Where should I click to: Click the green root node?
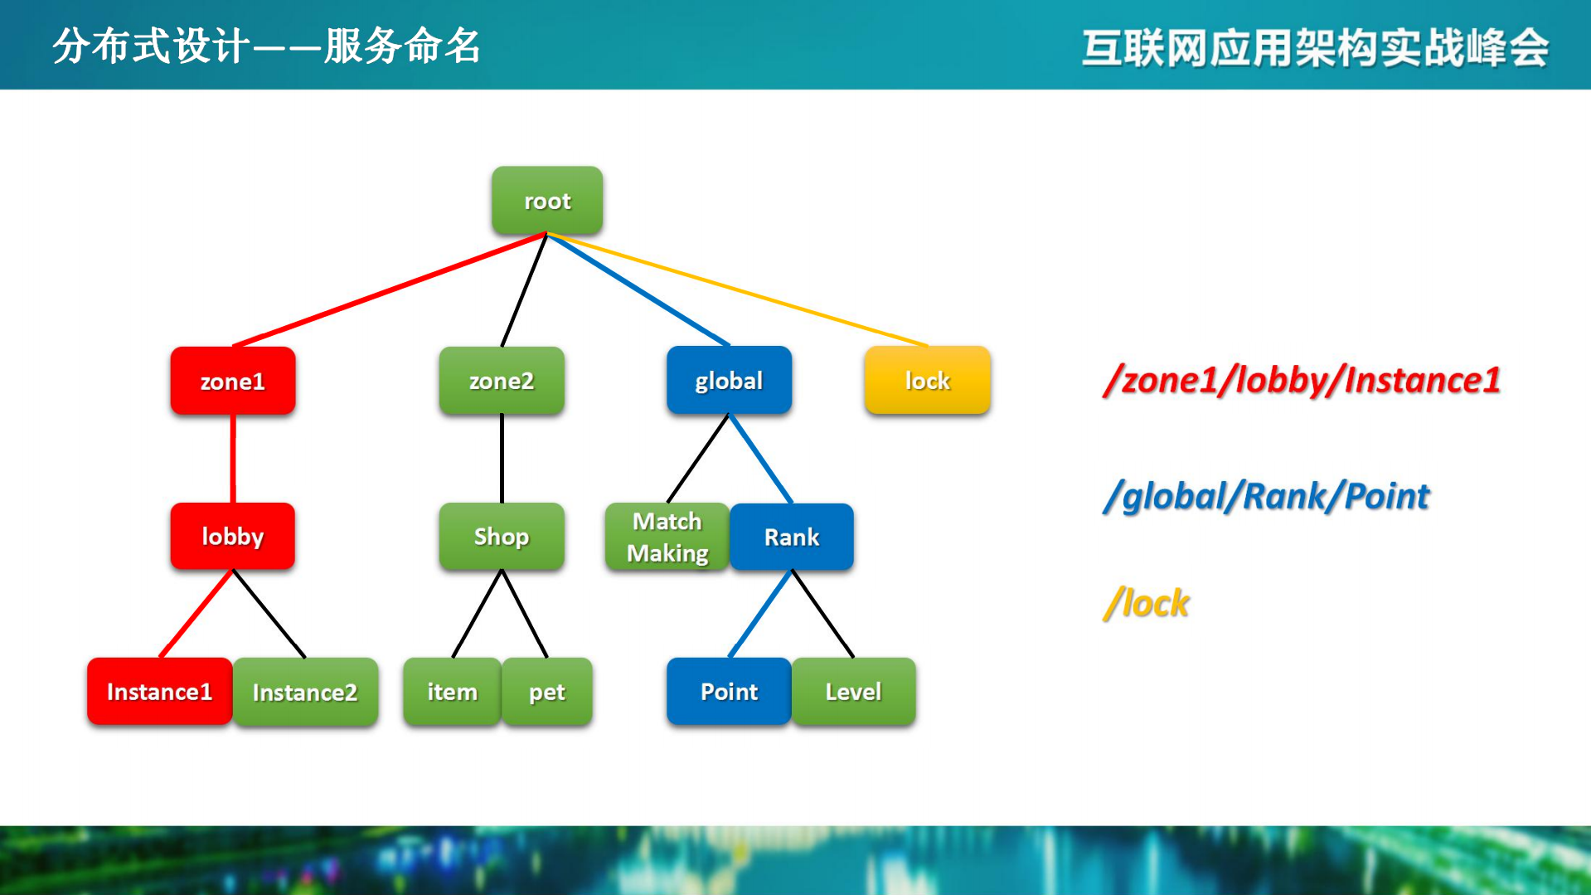[547, 201]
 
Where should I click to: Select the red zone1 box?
[233, 381]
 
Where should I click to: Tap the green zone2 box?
[502, 381]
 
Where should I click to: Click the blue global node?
[729, 381]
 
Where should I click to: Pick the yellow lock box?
[927, 381]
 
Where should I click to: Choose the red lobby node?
[233, 537]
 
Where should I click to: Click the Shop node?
[502, 537]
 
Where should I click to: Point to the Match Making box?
[667, 537]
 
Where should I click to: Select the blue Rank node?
[792, 537]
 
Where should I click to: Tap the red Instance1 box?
[159, 692]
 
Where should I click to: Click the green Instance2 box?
[305, 692]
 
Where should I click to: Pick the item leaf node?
[452, 692]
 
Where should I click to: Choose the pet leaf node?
[547, 692]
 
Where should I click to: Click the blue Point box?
[729, 692]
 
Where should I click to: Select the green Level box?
[853, 692]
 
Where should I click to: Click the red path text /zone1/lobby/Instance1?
[1302, 380]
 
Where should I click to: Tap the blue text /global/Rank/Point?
[1267, 496]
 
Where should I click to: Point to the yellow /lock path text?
[1147, 603]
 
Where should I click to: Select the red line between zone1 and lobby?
[233, 459]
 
